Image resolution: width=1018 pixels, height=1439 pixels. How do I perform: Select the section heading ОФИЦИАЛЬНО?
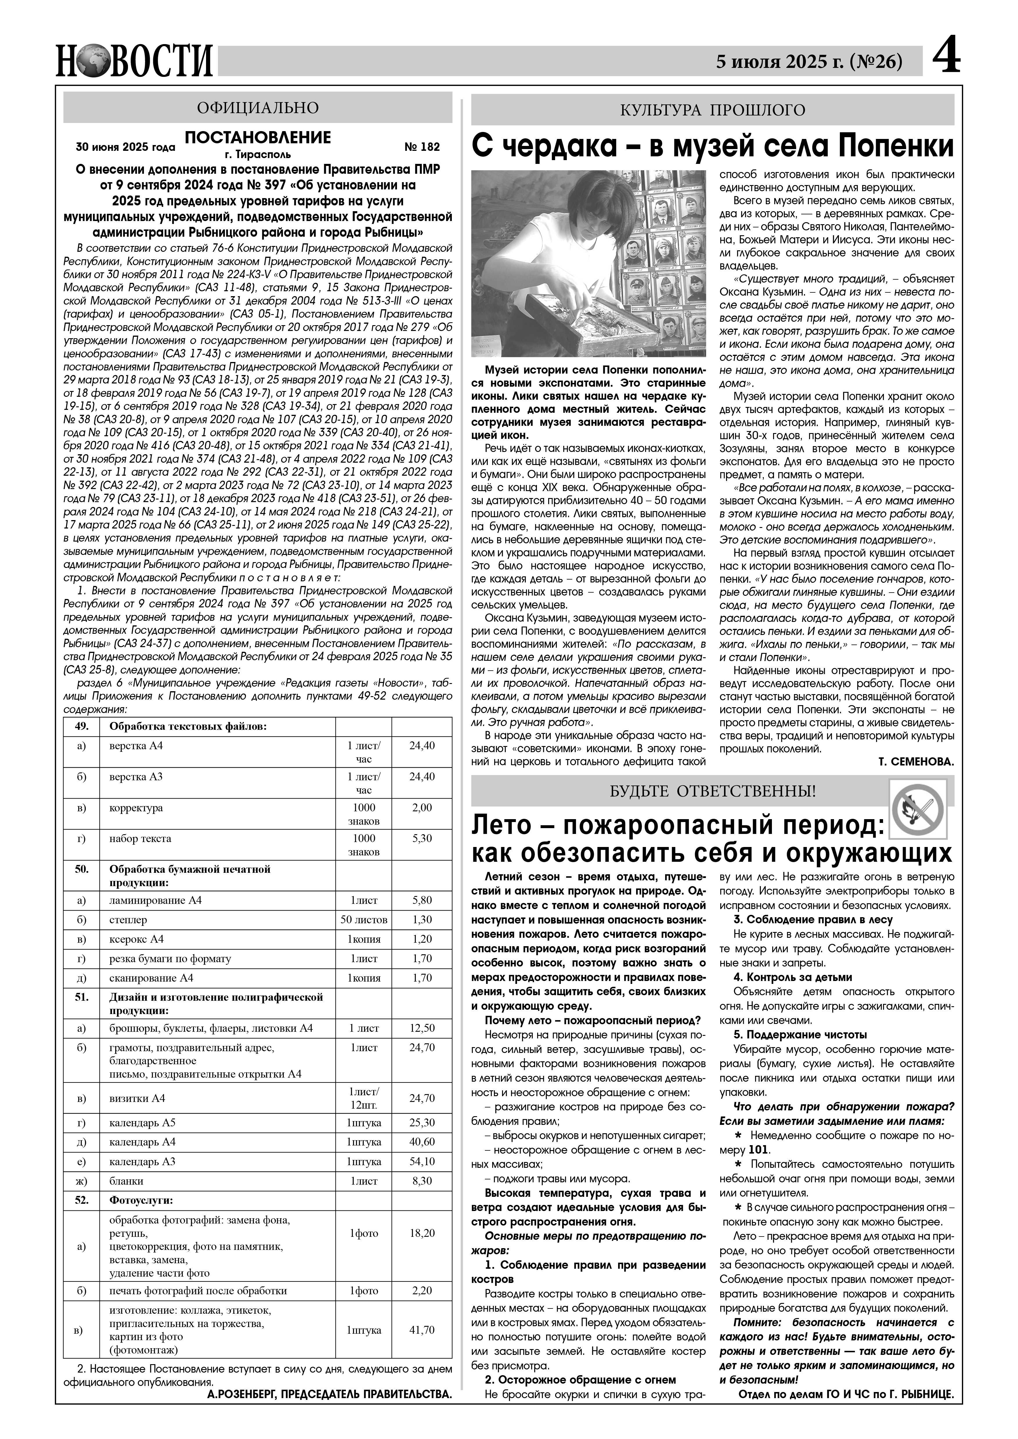[x=258, y=108]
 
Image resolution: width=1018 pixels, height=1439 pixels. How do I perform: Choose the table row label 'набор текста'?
[x=136, y=839]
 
